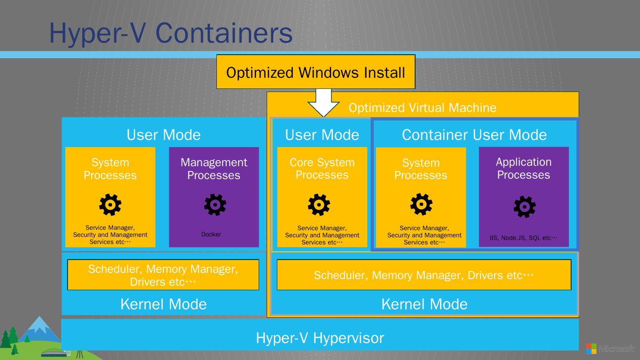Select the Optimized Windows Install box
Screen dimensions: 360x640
(x=316, y=72)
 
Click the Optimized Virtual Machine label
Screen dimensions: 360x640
(x=422, y=108)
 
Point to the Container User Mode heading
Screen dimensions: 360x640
(x=474, y=135)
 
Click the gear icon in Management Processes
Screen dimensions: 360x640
(x=215, y=205)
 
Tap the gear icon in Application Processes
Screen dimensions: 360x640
(x=524, y=207)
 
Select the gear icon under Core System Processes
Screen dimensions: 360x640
(x=319, y=205)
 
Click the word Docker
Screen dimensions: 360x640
(x=211, y=234)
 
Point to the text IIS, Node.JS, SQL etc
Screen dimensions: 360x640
(x=523, y=238)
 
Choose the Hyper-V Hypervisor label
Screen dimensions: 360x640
(x=320, y=338)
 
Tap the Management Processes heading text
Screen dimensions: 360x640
(x=214, y=169)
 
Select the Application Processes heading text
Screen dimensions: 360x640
(x=524, y=168)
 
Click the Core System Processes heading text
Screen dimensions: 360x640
(x=322, y=168)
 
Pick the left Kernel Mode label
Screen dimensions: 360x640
(x=164, y=304)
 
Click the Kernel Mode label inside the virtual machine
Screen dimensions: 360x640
(x=424, y=304)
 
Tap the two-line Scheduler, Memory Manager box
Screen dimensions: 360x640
(x=163, y=275)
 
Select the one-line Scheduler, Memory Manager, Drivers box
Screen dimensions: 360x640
(x=424, y=275)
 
